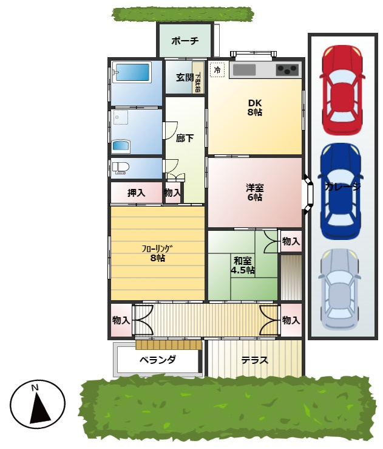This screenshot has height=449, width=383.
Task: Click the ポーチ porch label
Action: [185, 41]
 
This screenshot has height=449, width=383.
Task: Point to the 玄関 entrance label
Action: [185, 77]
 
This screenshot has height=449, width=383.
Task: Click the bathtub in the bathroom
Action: [132, 73]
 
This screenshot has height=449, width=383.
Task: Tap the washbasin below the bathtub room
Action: [120, 146]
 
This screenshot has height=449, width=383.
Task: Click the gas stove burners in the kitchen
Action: [287, 69]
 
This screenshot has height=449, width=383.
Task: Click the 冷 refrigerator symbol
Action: [217, 69]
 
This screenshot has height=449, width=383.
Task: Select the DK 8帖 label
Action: [254, 107]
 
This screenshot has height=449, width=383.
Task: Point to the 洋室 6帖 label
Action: [254, 192]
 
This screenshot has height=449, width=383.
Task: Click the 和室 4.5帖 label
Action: [242, 265]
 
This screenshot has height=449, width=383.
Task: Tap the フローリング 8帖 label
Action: [157, 253]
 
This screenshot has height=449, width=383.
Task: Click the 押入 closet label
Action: [136, 193]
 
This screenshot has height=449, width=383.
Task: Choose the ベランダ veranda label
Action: [157, 360]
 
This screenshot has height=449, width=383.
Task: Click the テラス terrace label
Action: [254, 360]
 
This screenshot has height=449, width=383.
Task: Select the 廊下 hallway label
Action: [185, 138]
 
